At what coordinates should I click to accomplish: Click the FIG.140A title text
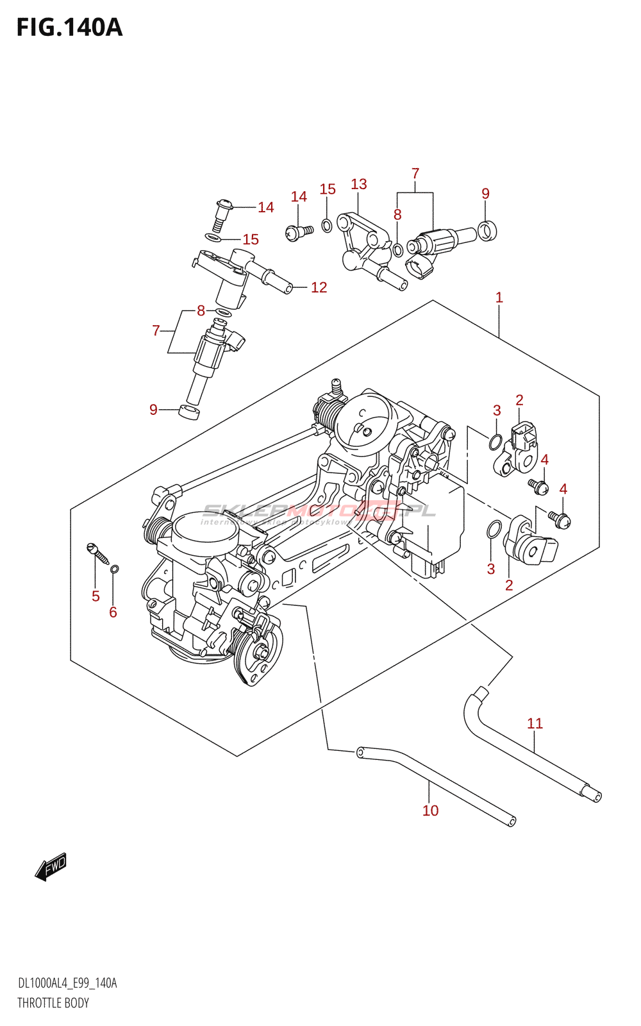tap(69, 28)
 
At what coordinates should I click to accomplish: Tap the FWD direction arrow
tap(51, 866)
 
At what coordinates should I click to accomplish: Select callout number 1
tap(499, 298)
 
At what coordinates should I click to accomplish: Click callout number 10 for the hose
tap(430, 811)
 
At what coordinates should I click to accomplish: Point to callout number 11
tap(535, 723)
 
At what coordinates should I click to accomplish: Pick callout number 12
tap(319, 287)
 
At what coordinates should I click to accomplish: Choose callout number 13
tap(359, 184)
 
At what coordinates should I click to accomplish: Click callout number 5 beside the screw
tap(96, 596)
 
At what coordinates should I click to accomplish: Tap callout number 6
tap(113, 612)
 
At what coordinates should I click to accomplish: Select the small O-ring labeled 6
tap(115, 569)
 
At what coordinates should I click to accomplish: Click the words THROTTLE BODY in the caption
tap(53, 1003)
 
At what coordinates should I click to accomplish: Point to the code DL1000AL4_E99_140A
tap(67, 984)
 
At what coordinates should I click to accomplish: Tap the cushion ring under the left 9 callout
tap(189, 412)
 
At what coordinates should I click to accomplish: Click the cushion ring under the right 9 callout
tap(488, 230)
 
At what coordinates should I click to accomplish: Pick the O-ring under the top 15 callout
tap(327, 225)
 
